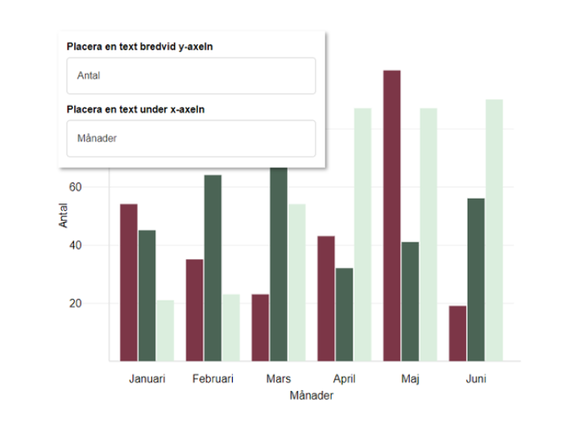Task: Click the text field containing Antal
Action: pyautogui.click(x=191, y=76)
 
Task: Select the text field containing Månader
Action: pyautogui.click(x=191, y=139)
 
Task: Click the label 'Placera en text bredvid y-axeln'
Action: pyautogui.click(x=140, y=47)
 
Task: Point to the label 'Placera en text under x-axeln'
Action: pyautogui.click(x=135, y=109)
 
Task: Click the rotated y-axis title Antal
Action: pyautogui.click(x=64, y=216)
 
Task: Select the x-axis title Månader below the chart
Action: pyautogui.click(x=312, y=396)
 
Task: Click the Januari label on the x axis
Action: pyautogui.click(x=147, y=379)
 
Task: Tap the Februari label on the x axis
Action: pyautogui.click(x=213, y=379)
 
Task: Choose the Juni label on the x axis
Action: pyautogui.click(x=476, y=379)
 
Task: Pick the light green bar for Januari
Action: pyautogui.click(x=165, y=331)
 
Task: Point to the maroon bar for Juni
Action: pyautogui.click(x=458, y=334)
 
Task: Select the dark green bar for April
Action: pyautogui.click(x=344, y=315)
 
